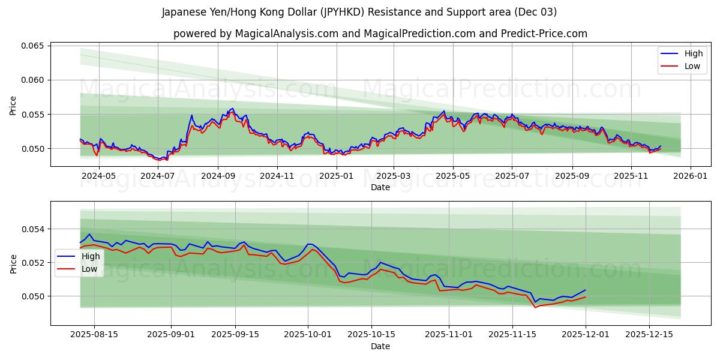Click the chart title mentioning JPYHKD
[x=359, y=12]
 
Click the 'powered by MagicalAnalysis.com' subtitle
[x=380, y=34]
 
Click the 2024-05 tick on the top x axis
[x=98, y=176]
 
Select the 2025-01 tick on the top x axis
[x=335, y=176]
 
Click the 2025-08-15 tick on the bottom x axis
[x=94, y=335]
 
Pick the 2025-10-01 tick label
[x=308, y=335]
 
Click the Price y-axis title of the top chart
[x=13, y=106]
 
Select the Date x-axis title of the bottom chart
[x=380, y=346]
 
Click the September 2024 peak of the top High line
[x=232, y=109]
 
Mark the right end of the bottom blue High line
[x=585, y=290]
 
